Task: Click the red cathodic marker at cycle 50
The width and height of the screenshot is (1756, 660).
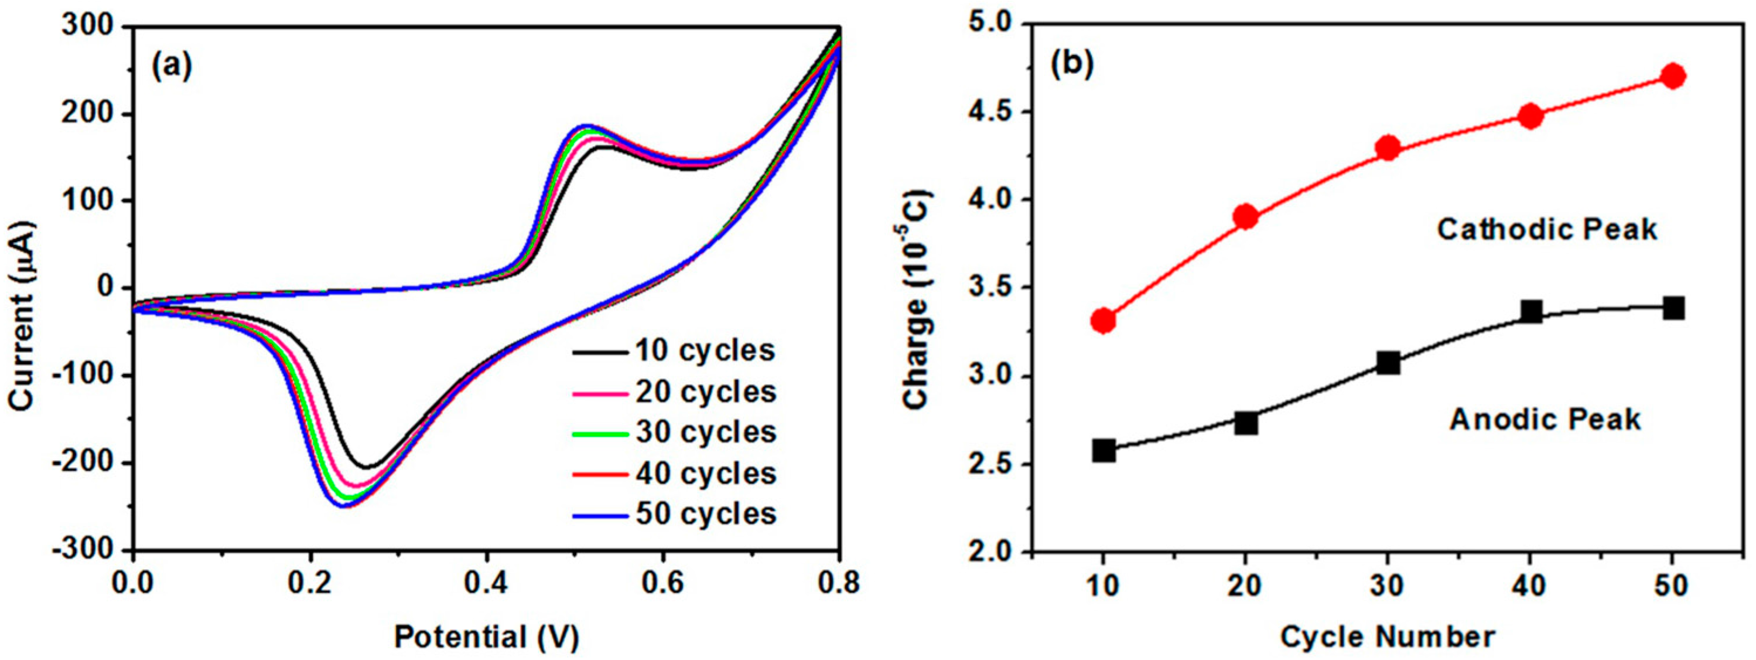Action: [x=1672, y=76]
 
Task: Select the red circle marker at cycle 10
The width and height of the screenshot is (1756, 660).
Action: [x=1103, y=320]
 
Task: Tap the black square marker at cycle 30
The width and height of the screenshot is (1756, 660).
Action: [x=1388, y=363]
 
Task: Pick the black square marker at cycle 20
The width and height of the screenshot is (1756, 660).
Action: [x=1245, y=423]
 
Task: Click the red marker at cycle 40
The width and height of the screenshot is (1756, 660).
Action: [x=1530, y=116]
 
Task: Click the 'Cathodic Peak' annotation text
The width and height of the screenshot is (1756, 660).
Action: [x=1546, y=229]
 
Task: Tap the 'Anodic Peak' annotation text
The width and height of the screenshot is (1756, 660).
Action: [x=1545, y=419]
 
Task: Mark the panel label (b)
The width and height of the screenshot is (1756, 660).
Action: [x=1072, y=63]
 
